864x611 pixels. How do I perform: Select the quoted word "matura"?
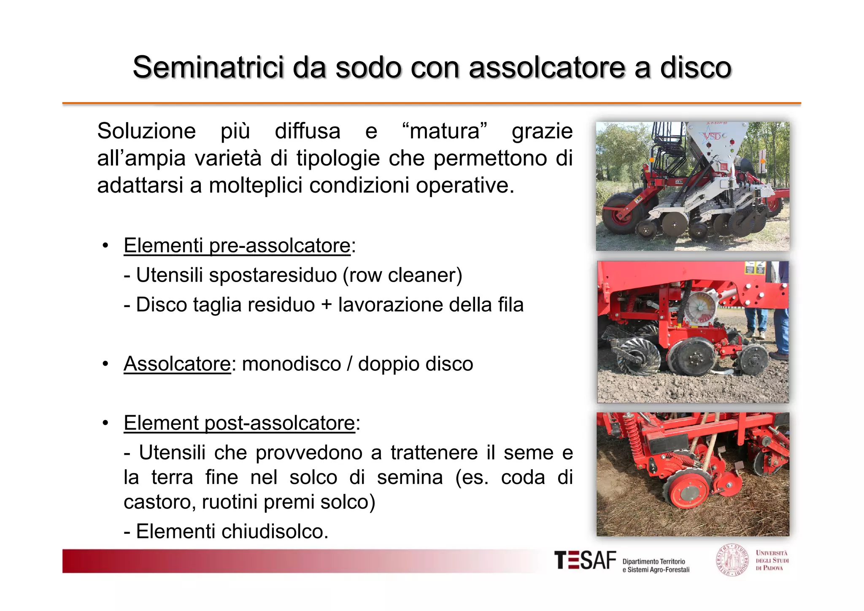pyautogui.click(x=445, y=131)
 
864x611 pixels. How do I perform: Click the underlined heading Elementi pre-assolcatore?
pyautogui.click(x=237, y=246)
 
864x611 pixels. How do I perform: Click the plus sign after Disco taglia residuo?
pyautogui.click(x=327, y=305)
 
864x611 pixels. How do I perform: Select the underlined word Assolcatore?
pyautogui.click(x=177, y=364)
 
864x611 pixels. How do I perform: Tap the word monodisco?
pyautogui.click(x=292, y=364)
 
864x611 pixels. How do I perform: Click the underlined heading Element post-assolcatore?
pyautogui.click(x=239, y=423)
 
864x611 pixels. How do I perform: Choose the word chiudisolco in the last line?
pyautogui.click(x=274, y=532)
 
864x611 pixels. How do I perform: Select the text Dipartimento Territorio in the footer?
pyautogui.click(x=653, y=562)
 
